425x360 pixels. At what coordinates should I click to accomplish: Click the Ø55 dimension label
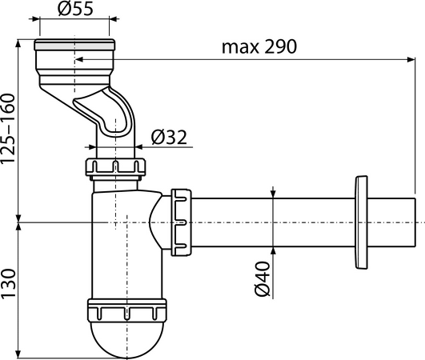tap(75, 9)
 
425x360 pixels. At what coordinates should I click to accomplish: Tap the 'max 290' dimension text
tap(259, 46)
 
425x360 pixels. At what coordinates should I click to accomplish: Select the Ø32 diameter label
tap(169, 137)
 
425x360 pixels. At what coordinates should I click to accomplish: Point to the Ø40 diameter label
tap(263, 278)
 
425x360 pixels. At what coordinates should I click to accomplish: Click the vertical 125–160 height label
tap(7, 129)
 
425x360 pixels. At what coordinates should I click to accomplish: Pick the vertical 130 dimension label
tap(7, 285)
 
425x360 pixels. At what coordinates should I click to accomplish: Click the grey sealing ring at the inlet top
tap(74, 47)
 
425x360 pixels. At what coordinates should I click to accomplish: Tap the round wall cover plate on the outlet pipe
tap(361, 222)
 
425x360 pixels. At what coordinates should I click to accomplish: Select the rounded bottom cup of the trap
tap(126, 338)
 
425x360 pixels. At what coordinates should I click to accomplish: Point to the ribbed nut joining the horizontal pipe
tap(181, 222)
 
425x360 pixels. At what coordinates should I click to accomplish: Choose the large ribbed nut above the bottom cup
tap(126, 310)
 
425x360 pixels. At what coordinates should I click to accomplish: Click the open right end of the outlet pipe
tap(415, 222)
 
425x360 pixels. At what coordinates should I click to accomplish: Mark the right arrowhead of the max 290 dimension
tap(411, 59)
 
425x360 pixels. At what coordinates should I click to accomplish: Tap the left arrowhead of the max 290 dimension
tap(78, 59)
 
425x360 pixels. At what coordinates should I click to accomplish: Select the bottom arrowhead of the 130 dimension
tap(18, 354)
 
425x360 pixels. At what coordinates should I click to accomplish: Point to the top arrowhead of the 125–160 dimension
tap(18, 44)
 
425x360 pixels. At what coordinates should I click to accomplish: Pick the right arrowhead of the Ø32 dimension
tap(138, 147)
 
